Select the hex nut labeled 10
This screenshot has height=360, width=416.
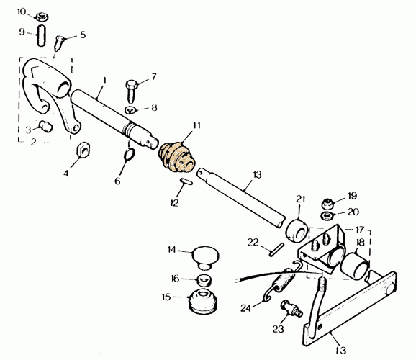point(42,17)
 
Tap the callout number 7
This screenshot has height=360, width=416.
point(154,77)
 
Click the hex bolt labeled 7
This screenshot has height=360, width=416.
point(130,91)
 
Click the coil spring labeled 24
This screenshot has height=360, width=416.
point(279,284)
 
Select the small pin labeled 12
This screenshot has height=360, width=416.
point(186,182)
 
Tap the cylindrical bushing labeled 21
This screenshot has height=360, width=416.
point(297,230)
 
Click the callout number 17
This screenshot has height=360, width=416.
point(359,229)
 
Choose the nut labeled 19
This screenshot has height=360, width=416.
point(327,204)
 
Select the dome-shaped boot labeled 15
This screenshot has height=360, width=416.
point(203,300)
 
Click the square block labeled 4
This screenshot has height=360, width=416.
point(83,150)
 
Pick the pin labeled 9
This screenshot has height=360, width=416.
point(41,35)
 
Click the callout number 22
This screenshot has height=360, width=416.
point(253,242)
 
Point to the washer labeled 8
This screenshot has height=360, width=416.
point(130,109)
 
